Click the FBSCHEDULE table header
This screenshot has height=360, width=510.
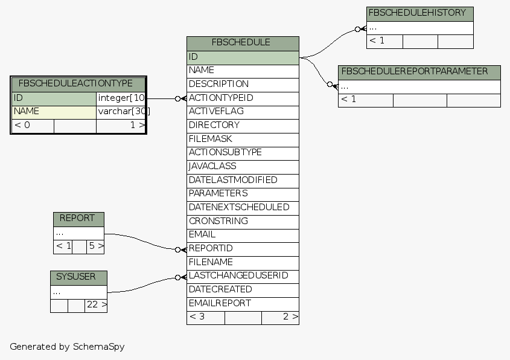pos(243,43)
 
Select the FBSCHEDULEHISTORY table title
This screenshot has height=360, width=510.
pos(419,13)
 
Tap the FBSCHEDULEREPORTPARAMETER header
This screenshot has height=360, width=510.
pos(419,72)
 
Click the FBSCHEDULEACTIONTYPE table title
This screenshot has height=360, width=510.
pos(78,84)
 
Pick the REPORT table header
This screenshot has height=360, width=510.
pos(78,219)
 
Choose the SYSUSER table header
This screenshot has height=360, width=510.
pos(78,277)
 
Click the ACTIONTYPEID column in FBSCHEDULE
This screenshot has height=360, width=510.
pos(243,98)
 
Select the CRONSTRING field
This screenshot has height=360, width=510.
pos(243,221)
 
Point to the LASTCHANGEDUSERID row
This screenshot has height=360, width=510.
pos(243,276)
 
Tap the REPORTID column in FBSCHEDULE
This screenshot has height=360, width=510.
pos(243,248)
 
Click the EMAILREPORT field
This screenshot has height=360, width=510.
pos(243,303)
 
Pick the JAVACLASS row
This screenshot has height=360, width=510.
pos(243,166)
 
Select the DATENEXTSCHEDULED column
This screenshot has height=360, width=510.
pos(243,207)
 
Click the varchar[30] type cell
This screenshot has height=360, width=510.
pos(121,111)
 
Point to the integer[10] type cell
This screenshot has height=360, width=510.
pos(121,98)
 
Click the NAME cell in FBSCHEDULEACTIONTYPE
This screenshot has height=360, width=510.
pos(54,111)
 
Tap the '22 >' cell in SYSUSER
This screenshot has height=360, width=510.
pos(96,306)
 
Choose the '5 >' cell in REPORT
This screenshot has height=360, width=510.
pos(96,246)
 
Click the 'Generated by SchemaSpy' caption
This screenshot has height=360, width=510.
pos(67,347)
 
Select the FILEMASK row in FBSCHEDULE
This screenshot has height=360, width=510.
pos(243,139)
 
